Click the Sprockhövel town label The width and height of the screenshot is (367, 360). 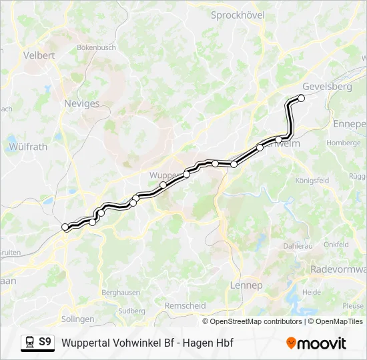pos(238,15)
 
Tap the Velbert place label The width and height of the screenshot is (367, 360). pos(39,55)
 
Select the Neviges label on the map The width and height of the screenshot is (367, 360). pos(81,103)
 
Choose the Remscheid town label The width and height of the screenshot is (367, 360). pos(185,305)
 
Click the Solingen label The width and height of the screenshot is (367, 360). pos(77,319)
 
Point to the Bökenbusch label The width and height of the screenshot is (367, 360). pos(97,47)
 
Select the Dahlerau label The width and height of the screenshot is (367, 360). pos(298,245)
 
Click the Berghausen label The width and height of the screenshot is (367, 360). pos(120,293)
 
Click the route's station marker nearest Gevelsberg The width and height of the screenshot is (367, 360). pos(301,98)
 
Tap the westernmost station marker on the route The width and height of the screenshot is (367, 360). pos(65,227)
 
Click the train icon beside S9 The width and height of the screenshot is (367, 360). pos(29,343)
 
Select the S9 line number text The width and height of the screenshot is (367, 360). pos(45,342)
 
